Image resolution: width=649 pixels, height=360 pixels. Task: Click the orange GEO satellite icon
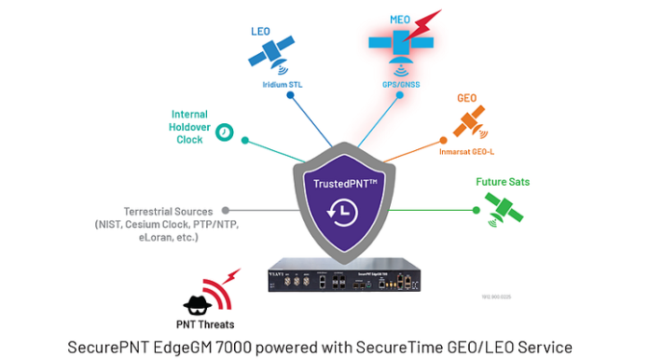[468, 122]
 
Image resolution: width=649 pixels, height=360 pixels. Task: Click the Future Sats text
[503, 182]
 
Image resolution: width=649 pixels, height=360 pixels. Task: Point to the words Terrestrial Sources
[168, 211]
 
